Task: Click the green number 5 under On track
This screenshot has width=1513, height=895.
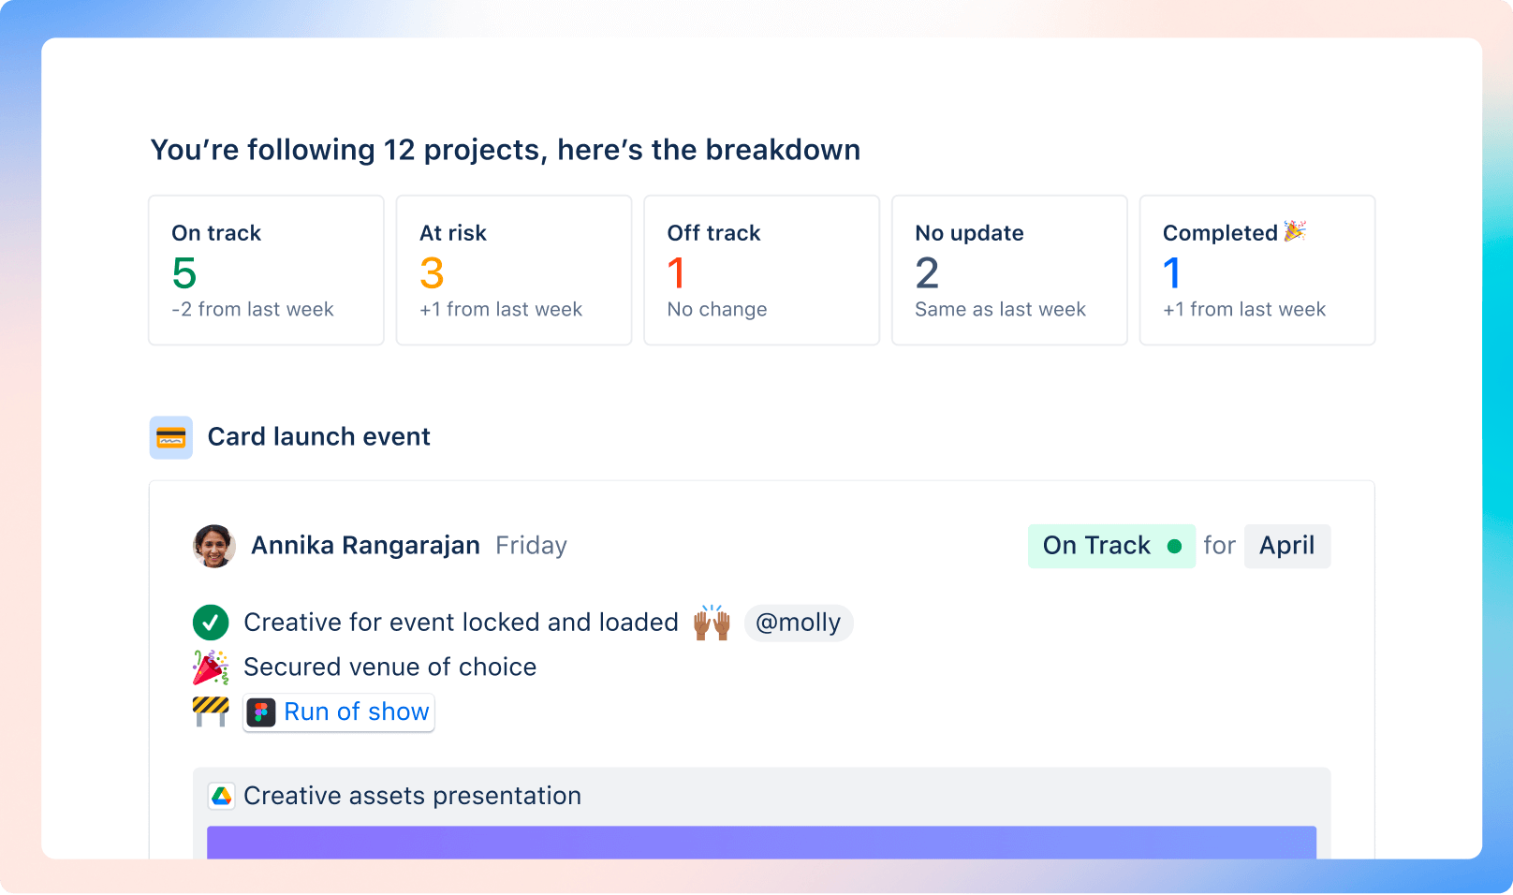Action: (184, 273)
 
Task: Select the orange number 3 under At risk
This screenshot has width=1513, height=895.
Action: (432, 273)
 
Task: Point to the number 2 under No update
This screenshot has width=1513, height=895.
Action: (927, 273)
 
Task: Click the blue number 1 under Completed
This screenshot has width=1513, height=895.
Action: (1171, 273)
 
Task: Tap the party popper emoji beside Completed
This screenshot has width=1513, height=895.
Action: (1295, 231)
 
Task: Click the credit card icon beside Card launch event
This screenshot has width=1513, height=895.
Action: (171, 437)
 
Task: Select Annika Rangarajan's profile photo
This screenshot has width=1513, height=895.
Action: (214, 546)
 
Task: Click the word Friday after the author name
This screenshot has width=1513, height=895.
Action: (531, 546)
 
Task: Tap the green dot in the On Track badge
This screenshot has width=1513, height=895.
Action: (1174, 547)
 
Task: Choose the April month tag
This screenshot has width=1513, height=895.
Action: (1286, 546)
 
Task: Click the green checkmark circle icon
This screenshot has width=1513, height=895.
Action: (211, 623)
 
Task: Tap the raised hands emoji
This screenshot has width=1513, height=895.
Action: (712, 623)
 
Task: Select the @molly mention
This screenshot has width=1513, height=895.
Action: (798, 623)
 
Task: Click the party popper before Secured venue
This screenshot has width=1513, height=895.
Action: (211, 668)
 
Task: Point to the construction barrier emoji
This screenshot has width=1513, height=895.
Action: (211, 712)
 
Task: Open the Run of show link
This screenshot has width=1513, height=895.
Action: (356, 712)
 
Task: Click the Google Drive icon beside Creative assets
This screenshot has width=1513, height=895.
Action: (222, 796)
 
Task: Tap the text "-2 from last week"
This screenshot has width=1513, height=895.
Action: (253, 310)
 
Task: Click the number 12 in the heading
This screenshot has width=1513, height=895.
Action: (399, 150)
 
